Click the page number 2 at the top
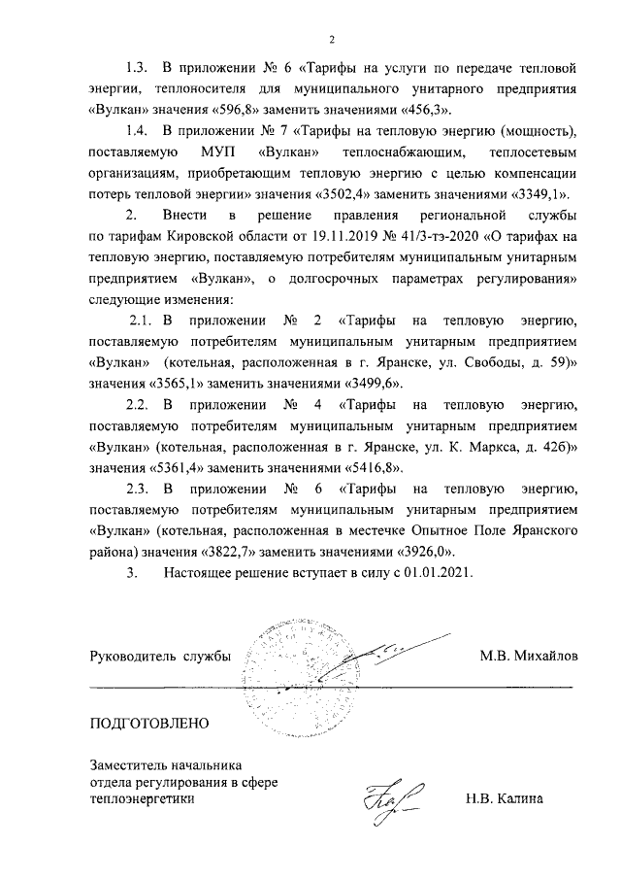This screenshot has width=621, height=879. click(331, 40)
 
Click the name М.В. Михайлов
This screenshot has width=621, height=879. click(528, 657)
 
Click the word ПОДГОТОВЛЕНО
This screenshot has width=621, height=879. click(148, 724)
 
